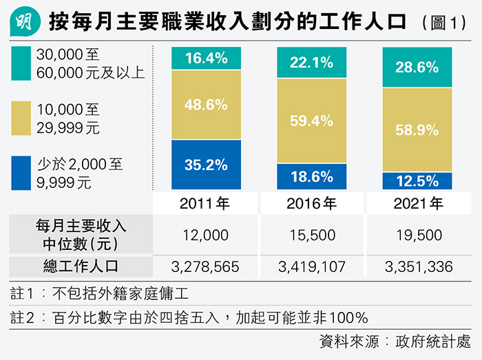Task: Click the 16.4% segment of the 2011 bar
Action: click(206, 59)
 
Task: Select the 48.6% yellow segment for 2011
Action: click(206, 105)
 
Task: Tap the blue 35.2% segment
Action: click(206, 165)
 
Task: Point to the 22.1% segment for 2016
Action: click(311, 63)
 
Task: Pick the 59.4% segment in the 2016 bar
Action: click(311, 120)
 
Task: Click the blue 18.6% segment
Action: click(311, 176)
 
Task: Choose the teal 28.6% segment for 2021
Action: click(417, 67)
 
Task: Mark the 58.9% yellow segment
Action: click(417, 129)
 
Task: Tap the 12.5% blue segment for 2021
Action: click(417, 181)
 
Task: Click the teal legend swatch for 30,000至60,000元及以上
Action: click(21, 63)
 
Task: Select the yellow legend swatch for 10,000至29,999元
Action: click(21, 118)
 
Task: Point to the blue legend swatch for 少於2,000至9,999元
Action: click(21, 173)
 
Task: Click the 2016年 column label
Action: click(311, 204)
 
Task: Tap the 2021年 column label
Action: click(417, 204)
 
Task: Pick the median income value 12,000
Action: click(206, 235)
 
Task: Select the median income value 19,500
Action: click(417, 235)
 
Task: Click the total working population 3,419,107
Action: click(311, 267)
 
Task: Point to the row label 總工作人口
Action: click(81, 267)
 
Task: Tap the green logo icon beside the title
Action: click(23, 23)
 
